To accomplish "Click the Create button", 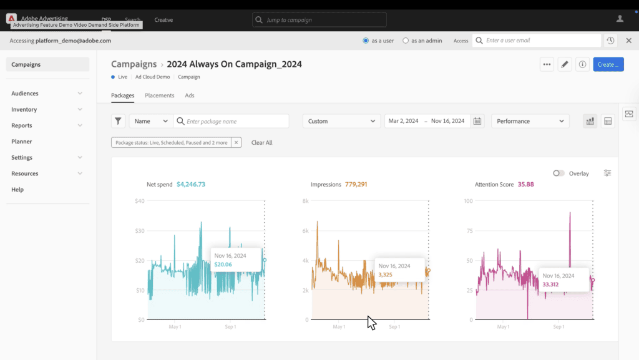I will tap(608, 64).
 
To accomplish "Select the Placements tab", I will tap(159, 95).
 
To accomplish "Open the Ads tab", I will tap(190, 95).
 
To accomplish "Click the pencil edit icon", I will tap(564, 64).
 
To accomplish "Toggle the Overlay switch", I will tap(559, 173).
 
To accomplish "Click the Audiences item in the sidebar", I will tap(25, 94).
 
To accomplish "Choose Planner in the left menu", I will tap(22, 142).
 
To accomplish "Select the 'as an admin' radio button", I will tap(406, 41).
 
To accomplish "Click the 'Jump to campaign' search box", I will tap(319, 20).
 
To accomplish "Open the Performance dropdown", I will tap(530, 121).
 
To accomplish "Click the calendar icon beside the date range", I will tap(477, 121).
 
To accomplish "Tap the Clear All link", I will tap(261, 142).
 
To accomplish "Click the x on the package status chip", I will tap(236, 142).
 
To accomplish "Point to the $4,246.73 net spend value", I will tap(191, 185).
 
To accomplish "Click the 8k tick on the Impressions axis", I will tap(305, 201).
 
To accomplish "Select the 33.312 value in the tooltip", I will tap(550, 285).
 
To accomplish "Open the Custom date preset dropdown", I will tap(341, 121).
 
